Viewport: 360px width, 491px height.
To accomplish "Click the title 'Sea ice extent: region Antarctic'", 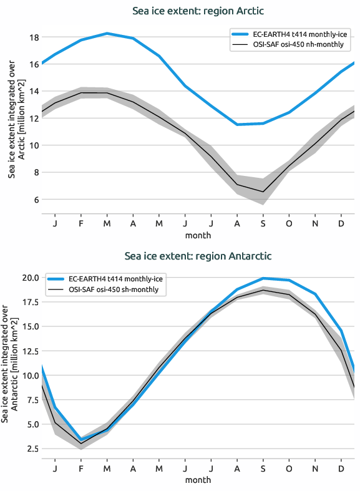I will (198, 256).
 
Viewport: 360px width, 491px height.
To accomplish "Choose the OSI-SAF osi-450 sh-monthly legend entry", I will (114, 289).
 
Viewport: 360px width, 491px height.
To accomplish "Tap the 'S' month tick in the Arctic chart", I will (263, 223).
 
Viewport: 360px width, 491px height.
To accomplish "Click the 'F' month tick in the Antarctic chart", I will (81, 469).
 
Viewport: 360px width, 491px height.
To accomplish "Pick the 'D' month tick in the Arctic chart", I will (341, 223).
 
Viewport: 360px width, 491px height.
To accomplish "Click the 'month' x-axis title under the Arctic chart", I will (198, 235).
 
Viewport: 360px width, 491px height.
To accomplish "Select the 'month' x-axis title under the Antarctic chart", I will (198, 480).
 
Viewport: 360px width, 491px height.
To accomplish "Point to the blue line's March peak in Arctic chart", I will (107, 33).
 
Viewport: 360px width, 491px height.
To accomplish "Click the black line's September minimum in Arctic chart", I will (263, 192).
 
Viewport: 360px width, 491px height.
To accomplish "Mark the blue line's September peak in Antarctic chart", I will (263, 278).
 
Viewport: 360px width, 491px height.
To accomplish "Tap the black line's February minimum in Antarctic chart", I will (81, 444).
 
